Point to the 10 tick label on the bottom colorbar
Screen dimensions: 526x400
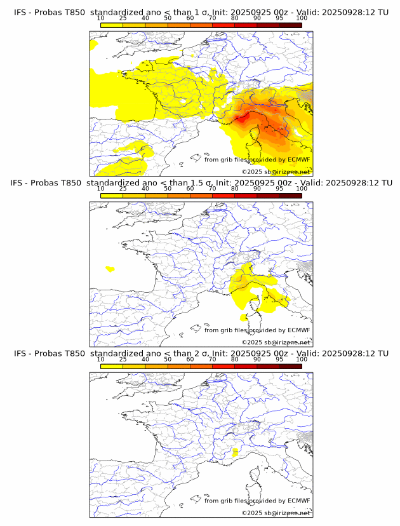click(101, 359)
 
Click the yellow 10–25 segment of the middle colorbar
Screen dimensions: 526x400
click(112, 196)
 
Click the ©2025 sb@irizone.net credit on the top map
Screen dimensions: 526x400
click(276, 172)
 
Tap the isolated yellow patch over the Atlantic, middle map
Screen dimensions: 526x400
click(110, 269)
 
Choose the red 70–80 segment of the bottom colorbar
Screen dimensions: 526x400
click(223, 366)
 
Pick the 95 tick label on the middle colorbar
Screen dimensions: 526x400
click(279, 189)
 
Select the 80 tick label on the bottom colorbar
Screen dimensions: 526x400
click(235, 359)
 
